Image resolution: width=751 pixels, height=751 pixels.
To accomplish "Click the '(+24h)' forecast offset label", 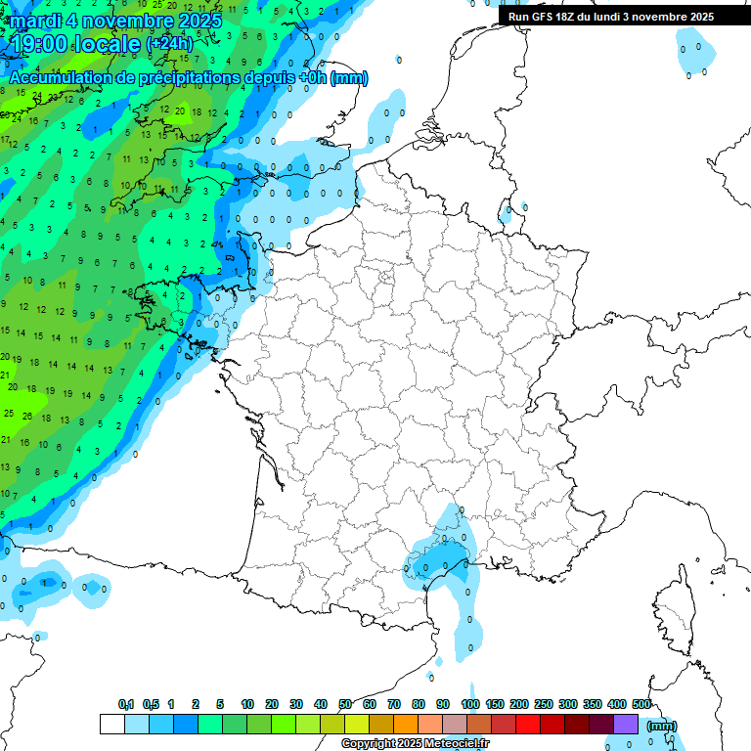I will [x=169, y=44].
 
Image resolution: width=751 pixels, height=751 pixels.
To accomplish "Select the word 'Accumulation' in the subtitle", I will [x=59, y=78].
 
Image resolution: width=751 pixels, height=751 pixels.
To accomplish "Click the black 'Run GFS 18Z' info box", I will [x=611, y=17].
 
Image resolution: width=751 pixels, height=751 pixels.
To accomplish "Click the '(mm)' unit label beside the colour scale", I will [x=662, y=726].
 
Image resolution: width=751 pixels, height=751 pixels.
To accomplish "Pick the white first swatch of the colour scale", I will [x=111, y=725].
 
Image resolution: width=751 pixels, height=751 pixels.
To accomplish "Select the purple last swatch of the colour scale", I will [x=626, y=725].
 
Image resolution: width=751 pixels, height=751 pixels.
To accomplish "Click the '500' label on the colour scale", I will [x=641, y=705].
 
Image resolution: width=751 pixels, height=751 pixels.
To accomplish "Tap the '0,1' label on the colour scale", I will [x=126, y=705].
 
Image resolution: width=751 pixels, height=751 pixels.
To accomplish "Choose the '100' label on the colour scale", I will [x=469, y=705].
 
